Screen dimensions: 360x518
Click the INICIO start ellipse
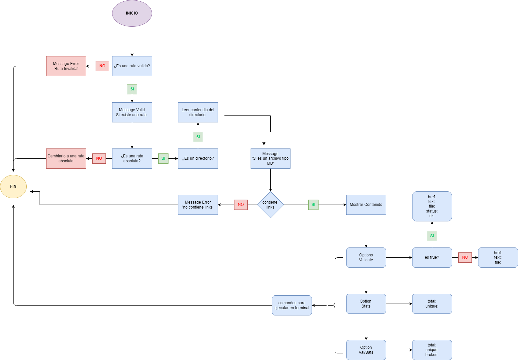point(132,13)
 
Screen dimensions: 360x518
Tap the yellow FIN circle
point(13,186)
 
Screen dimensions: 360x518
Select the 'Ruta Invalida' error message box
point(66,66)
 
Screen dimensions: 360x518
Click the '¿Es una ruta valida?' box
point(132,66)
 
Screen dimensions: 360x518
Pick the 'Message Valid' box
point(132,112)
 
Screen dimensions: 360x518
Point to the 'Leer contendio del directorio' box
point(198,112)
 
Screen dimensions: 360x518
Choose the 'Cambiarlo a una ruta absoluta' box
point(66,158)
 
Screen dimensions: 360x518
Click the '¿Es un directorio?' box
point(198,158)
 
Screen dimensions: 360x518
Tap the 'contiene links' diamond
point(270,205)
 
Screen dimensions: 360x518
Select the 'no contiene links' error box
point(198,205)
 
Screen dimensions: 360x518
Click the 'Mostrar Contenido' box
point(366,205)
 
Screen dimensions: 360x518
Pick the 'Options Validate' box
point(366,257)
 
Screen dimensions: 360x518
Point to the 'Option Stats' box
point(366,304)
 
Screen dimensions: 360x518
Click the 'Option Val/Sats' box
point(366,350)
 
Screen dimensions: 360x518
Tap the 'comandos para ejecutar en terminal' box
point(292,305)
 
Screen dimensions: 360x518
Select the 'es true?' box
point(432,257)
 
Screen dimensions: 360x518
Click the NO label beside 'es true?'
point(465,257)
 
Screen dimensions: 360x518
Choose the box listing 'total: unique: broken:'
point(432,350)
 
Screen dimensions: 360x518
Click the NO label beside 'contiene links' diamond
point(241,205)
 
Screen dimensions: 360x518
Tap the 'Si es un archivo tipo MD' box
point(270,158)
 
